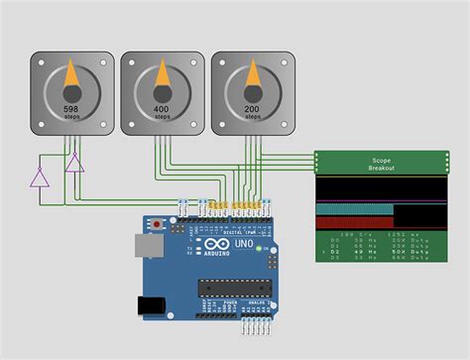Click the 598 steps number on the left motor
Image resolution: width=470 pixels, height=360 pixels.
click(70, 109)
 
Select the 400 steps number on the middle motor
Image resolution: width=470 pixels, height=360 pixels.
click(162, 107)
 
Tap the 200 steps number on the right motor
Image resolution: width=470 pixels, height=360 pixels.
click(253, 107)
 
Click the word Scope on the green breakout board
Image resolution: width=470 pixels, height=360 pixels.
click(382, 159)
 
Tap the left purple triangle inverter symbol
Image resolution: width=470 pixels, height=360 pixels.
click(40, 178)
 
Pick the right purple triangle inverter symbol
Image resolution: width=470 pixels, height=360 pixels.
click(74, 164)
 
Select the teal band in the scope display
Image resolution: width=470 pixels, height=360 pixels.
click(354, 209)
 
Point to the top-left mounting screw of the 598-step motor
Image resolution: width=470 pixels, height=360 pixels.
click(39, 60)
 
